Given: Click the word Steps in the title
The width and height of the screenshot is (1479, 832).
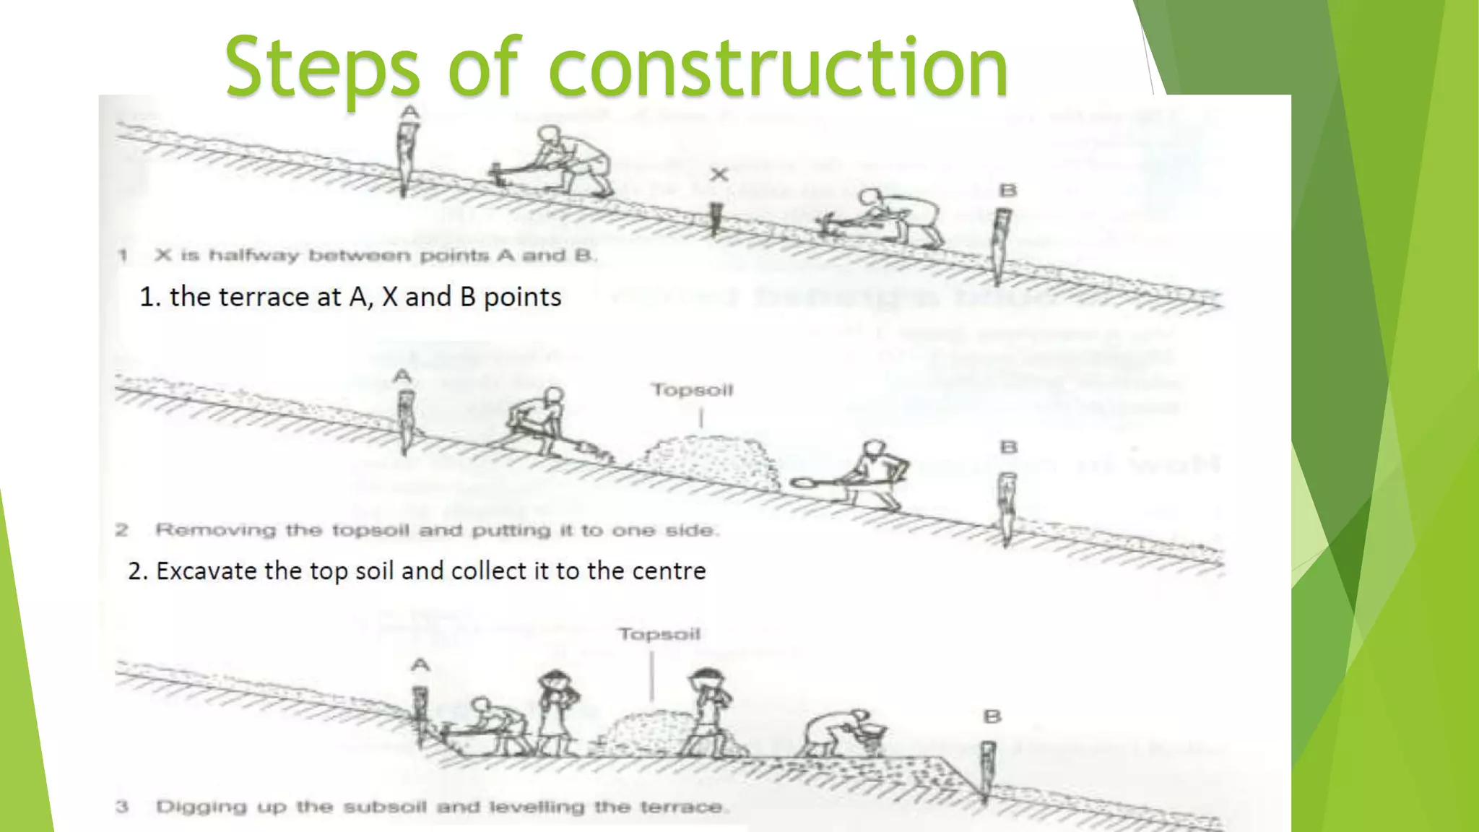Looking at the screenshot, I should point(321,69).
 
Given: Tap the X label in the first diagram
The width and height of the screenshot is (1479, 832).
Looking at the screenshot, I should point(719,174).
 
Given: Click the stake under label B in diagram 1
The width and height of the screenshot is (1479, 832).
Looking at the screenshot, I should point(1001,242).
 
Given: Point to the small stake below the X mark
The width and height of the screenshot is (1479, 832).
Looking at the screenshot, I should point(716,217).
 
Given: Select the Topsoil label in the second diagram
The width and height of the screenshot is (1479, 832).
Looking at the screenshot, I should point(692,390).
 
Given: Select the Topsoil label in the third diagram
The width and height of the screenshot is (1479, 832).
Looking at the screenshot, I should point(659,634).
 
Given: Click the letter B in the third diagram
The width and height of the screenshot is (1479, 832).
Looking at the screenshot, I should point(992,716).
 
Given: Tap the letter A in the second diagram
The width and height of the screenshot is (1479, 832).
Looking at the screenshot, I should point(402,376).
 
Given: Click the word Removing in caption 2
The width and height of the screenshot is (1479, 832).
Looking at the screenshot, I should point(216,530).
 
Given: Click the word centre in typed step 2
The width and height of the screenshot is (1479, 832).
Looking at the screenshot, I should point(668,571).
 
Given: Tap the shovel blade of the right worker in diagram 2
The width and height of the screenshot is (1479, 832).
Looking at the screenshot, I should point(804,482).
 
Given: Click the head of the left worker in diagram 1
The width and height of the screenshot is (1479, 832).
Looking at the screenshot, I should point(549,134).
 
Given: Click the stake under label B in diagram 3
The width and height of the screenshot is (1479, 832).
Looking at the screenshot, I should point(987,769).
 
